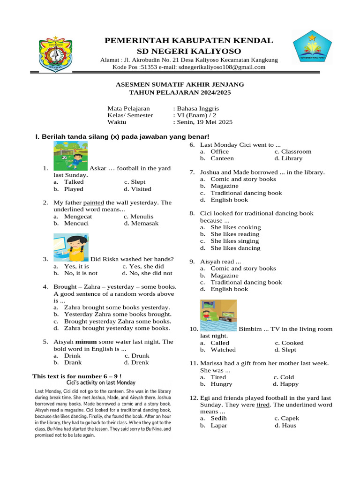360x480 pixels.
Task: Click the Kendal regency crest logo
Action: click(55, 54)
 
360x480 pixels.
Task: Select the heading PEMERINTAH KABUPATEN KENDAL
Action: click(188, 41)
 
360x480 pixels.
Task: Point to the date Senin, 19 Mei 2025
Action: click(204, 122)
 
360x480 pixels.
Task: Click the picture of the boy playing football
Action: click(70, 156)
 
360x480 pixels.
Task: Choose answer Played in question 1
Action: click(74, 189)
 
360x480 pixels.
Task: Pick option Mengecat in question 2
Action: click(78, 217)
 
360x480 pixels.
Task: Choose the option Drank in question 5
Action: click(73, 362)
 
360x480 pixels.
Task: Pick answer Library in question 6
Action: click(292, 158)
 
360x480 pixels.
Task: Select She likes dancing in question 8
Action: click(235, 248)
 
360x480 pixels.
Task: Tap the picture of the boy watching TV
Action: click(218, 315)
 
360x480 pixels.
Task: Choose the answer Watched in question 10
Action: click(223, 350)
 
